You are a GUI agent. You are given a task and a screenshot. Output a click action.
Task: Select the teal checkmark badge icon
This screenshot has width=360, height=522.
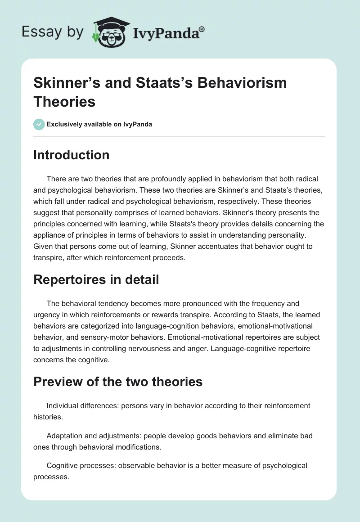39,124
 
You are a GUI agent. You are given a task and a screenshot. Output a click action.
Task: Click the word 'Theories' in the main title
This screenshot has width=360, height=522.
64,101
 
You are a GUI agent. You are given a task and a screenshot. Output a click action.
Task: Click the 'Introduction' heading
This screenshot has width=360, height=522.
72,155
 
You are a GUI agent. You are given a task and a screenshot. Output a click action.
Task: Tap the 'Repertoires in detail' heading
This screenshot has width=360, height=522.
96,279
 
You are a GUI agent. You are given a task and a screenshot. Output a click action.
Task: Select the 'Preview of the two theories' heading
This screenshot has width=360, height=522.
118,382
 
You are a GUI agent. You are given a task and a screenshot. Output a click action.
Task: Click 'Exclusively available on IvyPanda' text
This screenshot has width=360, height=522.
99,124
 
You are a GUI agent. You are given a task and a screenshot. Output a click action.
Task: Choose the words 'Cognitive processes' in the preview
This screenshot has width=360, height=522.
81,465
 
